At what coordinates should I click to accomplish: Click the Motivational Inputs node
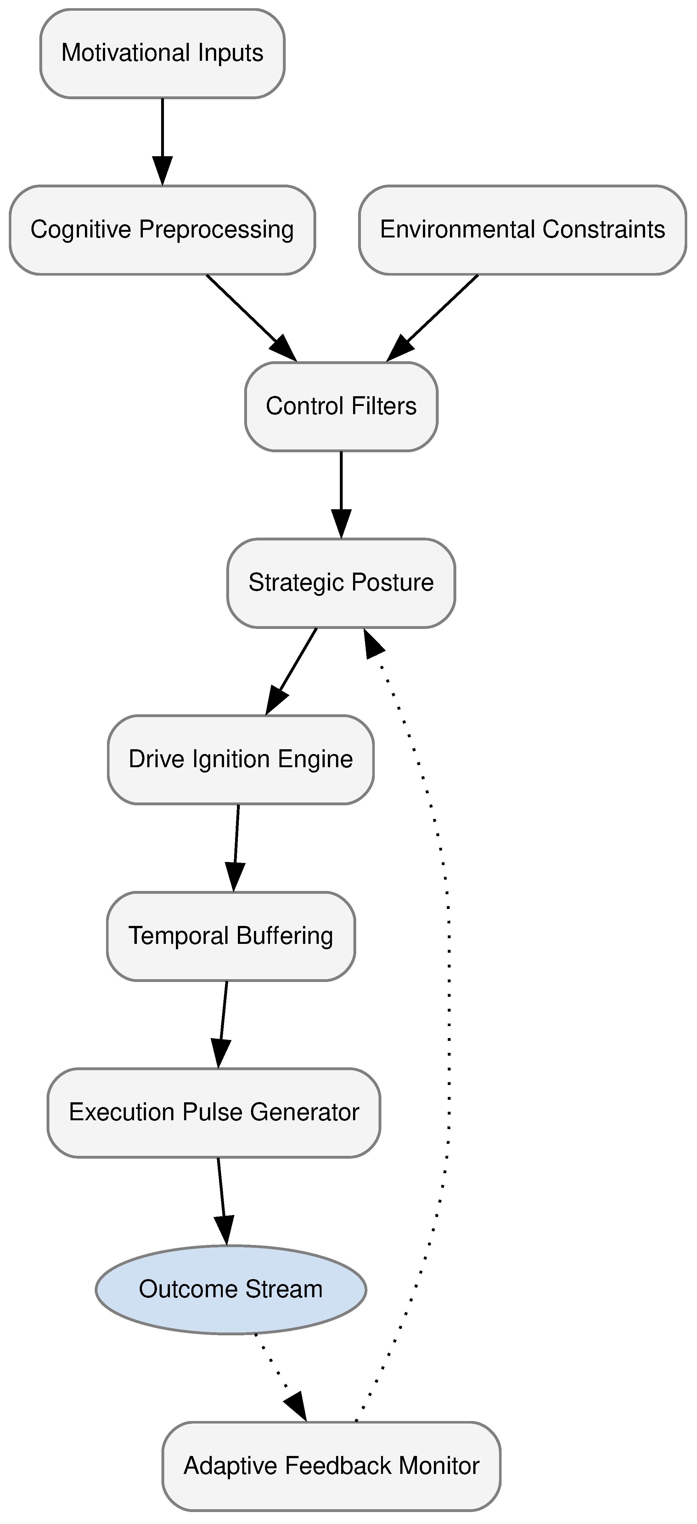pyautogui.click(x=162, y=53)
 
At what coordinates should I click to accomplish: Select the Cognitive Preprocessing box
pyautogui.click(x=162, y=230)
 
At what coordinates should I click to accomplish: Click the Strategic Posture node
pyautogui.click(x=341, y=583)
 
